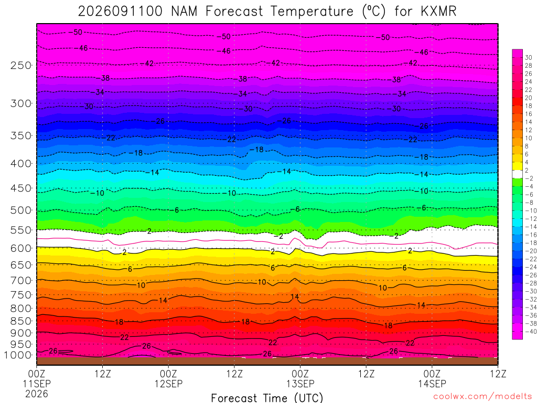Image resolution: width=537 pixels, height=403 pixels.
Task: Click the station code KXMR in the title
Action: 438,12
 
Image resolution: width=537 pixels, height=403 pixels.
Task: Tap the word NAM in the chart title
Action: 184,12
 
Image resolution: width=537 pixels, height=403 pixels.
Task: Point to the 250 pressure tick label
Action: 21,65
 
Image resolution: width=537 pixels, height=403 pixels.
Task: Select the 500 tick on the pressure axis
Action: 21,210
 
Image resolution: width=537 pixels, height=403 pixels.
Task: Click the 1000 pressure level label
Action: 18,355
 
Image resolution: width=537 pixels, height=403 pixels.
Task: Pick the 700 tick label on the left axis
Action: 21,281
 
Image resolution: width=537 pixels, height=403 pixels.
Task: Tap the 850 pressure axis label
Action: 21,321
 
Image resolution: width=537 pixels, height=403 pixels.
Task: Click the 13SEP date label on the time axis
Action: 300,384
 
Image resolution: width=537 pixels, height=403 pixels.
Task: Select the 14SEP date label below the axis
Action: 432,384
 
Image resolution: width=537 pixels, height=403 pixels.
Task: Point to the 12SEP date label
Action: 168,384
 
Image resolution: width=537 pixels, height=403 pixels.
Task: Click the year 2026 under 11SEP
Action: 37,394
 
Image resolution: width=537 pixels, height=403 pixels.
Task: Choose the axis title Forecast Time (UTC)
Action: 267,398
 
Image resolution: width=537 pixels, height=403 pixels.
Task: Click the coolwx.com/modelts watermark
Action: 482,397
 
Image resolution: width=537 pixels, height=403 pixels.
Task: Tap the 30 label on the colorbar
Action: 529,58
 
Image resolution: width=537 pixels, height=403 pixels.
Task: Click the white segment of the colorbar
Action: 518,174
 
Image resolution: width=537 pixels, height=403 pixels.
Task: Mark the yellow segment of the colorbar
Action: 518,166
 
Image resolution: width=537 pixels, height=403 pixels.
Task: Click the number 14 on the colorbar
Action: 529,122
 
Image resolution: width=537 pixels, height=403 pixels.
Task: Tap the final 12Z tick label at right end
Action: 498,374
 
